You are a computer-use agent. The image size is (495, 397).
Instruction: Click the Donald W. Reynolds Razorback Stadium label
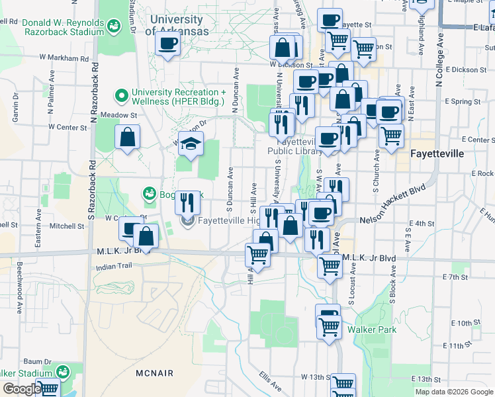[x=63, y=26]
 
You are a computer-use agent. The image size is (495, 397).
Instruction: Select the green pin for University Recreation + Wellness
[x=122, y=97]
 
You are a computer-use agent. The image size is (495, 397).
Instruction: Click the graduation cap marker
[x=191, y=144]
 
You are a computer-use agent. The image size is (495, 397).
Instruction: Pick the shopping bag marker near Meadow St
[x=127, y=138]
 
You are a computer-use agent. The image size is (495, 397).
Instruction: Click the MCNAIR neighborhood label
[x=154, y=373]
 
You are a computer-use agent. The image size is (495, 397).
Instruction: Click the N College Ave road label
[x=438, y=60]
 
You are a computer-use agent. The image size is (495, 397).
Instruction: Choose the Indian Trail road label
[x=114, y=265]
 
